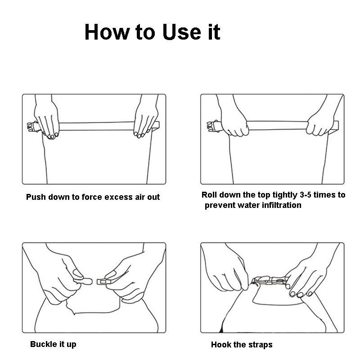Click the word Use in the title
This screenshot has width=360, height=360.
click(181, 32)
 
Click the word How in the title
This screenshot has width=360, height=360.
click(107, 32)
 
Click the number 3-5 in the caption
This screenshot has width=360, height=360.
click(306, 195)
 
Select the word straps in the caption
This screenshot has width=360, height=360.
click(261, 345)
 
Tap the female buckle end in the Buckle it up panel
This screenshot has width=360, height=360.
click(103, 282)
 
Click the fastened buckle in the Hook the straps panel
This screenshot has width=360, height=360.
click(270, 280)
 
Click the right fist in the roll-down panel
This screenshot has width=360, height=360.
click(320, 125)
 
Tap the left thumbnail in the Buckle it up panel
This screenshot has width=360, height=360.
click(77, 274)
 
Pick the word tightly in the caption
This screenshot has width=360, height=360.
click(285, 195)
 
